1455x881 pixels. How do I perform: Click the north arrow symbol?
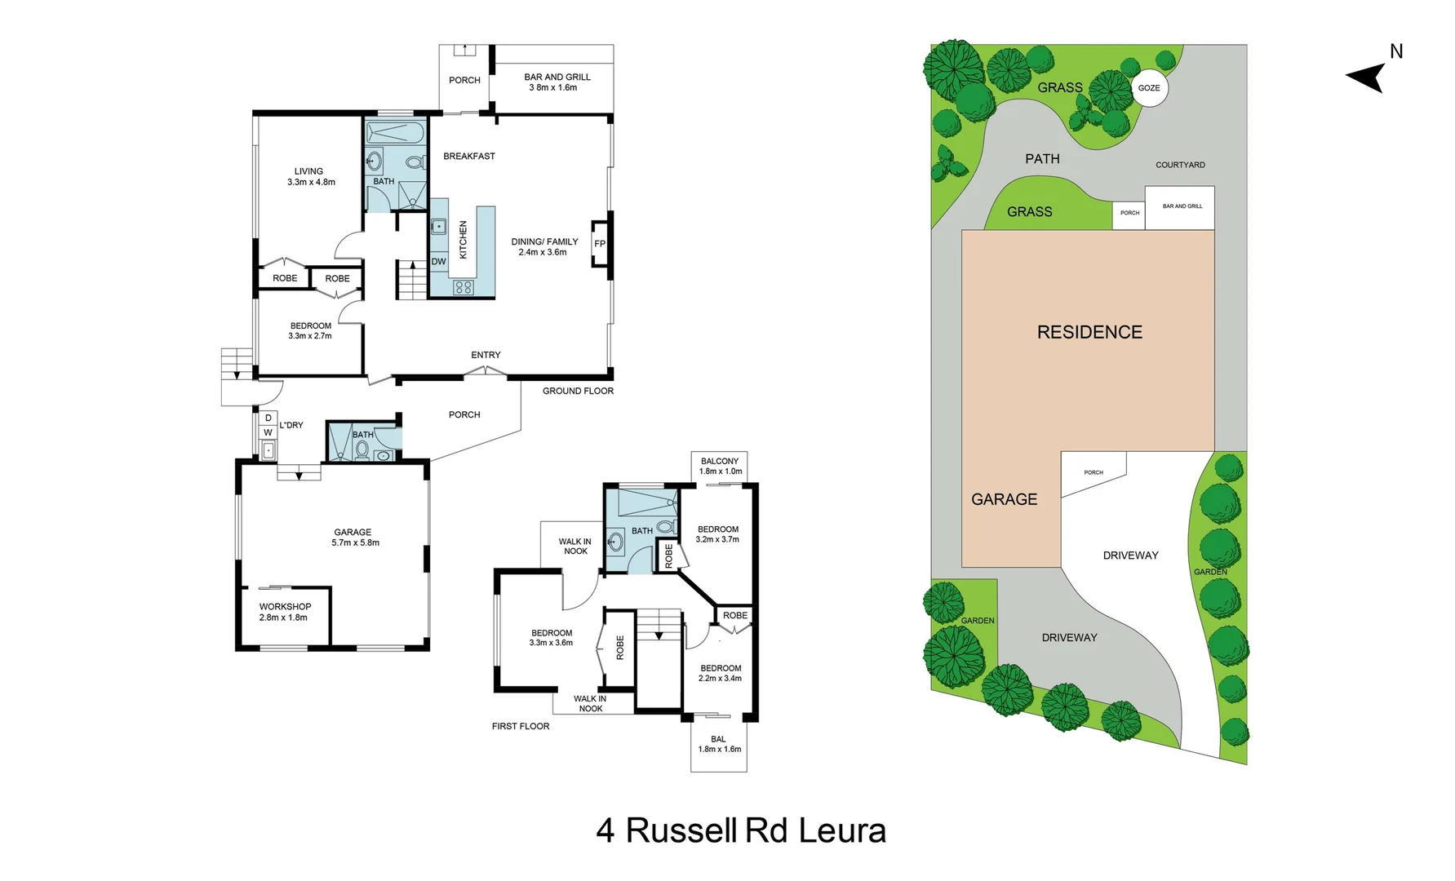click(1368, 77)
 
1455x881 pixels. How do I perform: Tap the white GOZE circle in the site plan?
click(1149, 88)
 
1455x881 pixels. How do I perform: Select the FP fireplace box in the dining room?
click(600, 243)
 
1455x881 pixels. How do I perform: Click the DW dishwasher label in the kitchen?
click(438, 262)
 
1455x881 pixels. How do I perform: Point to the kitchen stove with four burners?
click(464, 287)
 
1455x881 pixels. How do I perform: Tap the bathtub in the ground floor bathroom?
click(395, 132)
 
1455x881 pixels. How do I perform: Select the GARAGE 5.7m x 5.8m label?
click(354, 537)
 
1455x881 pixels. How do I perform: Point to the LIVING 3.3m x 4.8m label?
click(310, 177)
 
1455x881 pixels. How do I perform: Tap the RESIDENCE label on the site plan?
click(1089, 332)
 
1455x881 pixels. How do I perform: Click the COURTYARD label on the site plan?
click(1180, 165)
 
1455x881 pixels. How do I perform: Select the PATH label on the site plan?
click(1042, 159)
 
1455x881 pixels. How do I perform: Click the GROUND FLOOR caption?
click(578, 391)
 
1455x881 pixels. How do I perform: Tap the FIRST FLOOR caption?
click(521, 726)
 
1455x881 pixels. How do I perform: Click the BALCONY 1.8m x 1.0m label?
click(720, 466)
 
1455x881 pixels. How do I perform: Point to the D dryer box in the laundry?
click(268, 418)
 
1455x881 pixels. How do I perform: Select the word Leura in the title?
click(841, 830)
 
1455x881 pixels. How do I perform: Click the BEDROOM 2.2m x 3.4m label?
click(720, 673)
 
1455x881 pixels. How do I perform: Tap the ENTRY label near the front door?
click(486, 355)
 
